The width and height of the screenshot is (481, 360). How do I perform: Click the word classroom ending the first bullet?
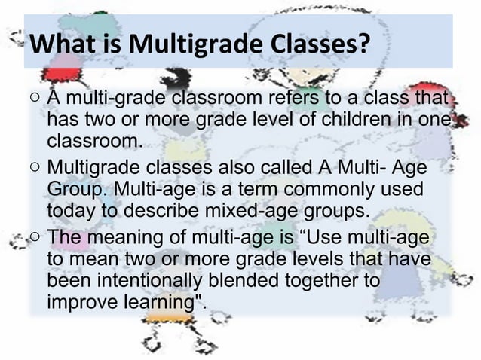[x=93, y=141]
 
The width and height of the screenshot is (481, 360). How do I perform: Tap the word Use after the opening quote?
[x=326, y=238]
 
